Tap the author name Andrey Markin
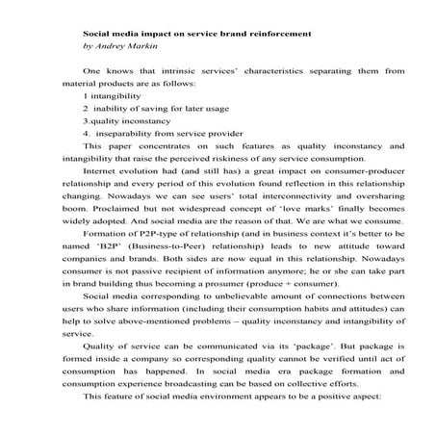pyautogui.click(x=121, y=45)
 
